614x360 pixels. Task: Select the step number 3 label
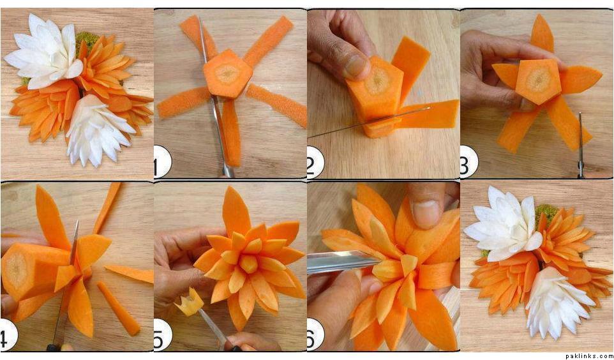[467, 161]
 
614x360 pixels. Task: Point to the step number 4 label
[7, 335]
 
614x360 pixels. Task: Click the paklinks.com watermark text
[589, 356]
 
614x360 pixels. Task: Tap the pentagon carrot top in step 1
[227, 73]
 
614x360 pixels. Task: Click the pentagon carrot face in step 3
[539, 80]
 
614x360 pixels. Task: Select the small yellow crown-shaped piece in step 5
[190, 302]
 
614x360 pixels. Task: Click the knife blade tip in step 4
[77, 221]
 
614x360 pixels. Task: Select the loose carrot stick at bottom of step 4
[118, 308]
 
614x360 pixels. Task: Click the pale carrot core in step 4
[17, 270]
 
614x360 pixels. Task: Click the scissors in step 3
[580, 144]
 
